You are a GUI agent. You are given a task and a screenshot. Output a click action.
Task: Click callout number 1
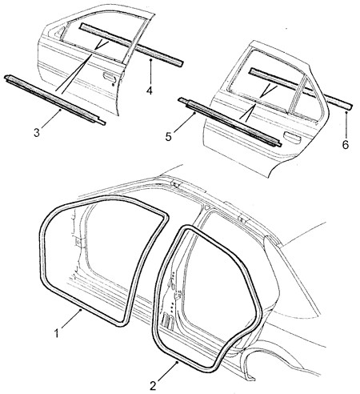click(x=56, y=333)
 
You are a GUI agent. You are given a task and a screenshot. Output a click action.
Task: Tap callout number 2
click(x=153, y=386)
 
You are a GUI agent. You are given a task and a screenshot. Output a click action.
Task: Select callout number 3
click(x=37, y=132)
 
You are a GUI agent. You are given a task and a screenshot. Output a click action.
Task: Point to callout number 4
click(x=150, y=90)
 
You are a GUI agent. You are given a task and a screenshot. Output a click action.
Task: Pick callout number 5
click(x=168, y=137)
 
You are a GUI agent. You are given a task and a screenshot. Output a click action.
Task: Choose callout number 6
click(x=346, y=145)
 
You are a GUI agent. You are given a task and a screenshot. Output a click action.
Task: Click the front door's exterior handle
click(x=110, y=76)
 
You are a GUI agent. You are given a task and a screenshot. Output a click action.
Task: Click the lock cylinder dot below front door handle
click(x=113, y=85)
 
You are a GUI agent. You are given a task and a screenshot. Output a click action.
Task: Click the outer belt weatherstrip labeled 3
click(x=54, y=99)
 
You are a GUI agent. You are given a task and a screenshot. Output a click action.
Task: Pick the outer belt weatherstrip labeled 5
click(x=230, y=122)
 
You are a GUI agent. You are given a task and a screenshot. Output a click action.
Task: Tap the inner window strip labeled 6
click(x=300, y=87)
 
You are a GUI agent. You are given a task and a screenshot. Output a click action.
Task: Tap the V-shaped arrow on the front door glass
click(x=102, y=45)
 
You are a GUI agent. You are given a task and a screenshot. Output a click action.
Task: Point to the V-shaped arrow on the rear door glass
click(x=268, y=90)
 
